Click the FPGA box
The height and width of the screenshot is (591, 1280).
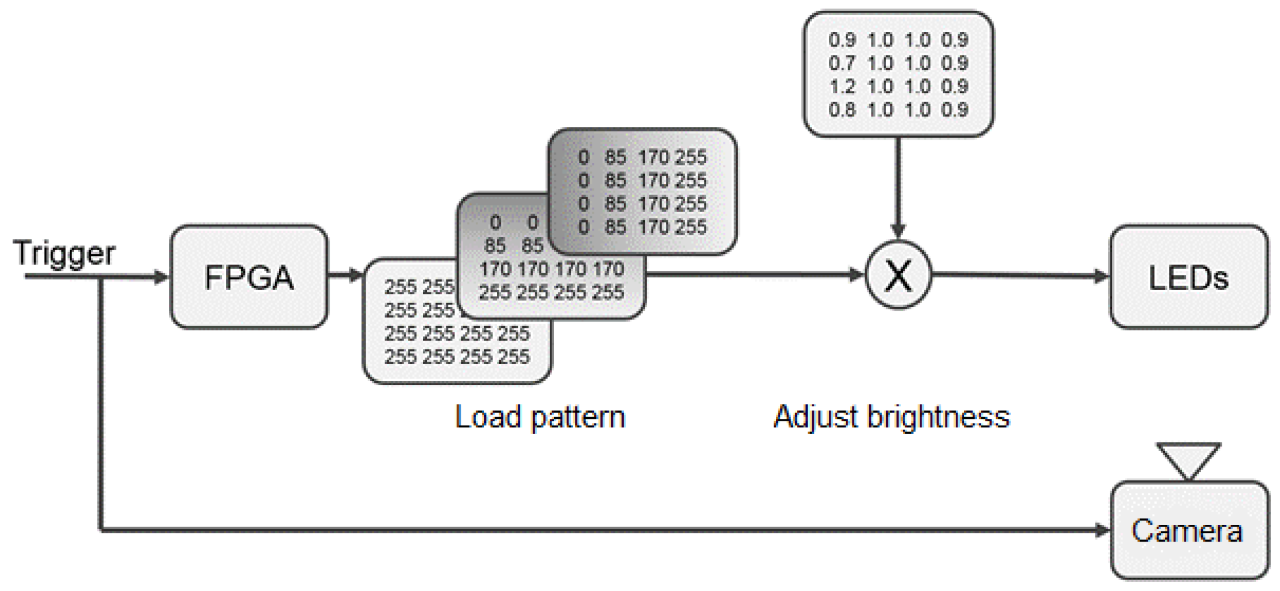249,277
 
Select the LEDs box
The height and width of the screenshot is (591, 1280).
1188,277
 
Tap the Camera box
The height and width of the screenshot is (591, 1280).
1188,530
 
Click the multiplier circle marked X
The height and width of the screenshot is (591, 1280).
898,276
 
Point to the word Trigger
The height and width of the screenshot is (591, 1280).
64,253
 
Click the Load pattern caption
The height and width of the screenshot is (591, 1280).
540,416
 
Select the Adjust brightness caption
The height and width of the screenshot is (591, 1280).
891,416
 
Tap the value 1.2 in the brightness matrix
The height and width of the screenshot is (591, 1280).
842,87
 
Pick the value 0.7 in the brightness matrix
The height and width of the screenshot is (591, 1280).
842,63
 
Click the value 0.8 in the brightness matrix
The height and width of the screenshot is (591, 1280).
842,110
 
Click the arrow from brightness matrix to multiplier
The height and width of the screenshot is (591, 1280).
898,187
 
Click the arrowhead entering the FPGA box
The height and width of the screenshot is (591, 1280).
161,277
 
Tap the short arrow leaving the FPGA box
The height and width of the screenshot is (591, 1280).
346,276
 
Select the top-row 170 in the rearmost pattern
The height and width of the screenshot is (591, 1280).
653,157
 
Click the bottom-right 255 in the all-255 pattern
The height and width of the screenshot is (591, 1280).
514,357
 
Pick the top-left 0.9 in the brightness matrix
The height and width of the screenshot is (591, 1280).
842,40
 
